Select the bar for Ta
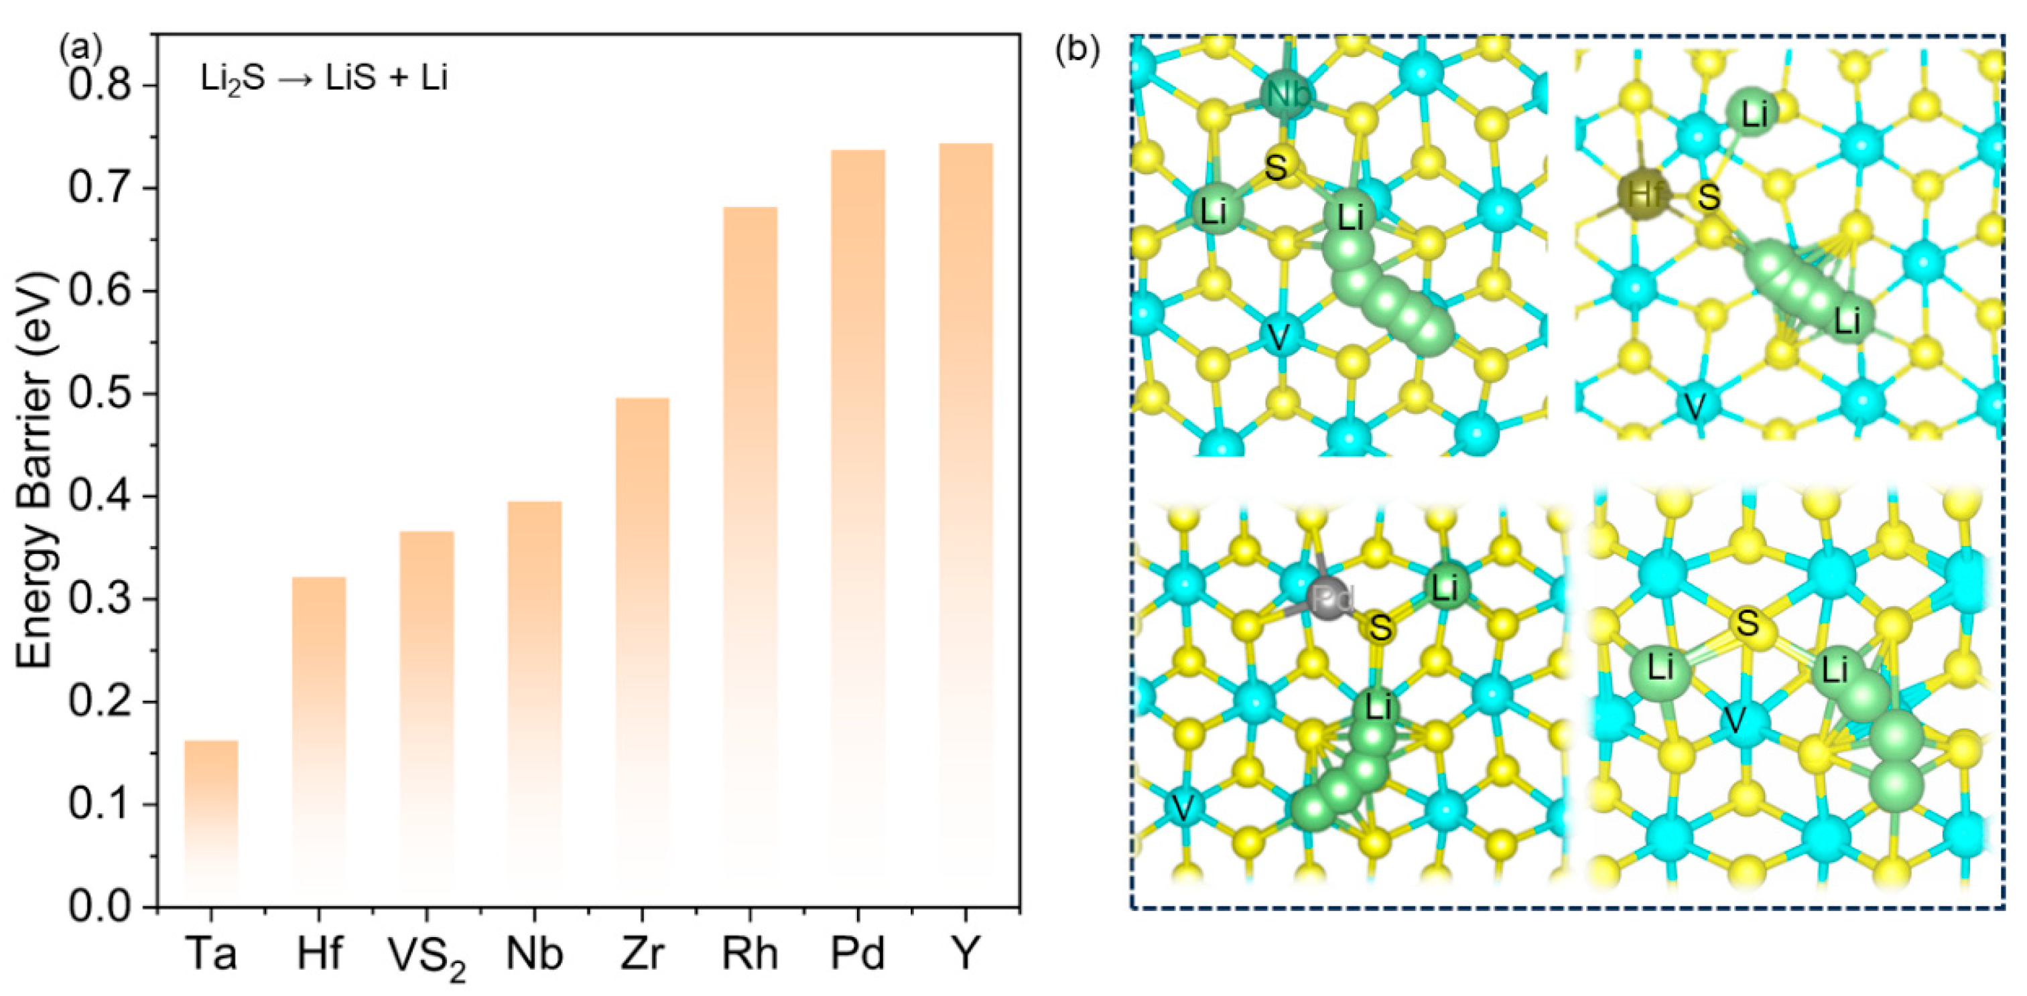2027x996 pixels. coord(211,822)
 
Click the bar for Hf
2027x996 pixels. coord(319,739)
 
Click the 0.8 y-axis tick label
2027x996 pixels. coord(100,86)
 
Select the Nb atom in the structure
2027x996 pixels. coord(1288,94)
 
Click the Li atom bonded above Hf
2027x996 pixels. coord(1753,116)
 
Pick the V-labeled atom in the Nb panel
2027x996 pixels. coord(1279,338)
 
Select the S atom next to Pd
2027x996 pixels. coord(1380,627)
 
